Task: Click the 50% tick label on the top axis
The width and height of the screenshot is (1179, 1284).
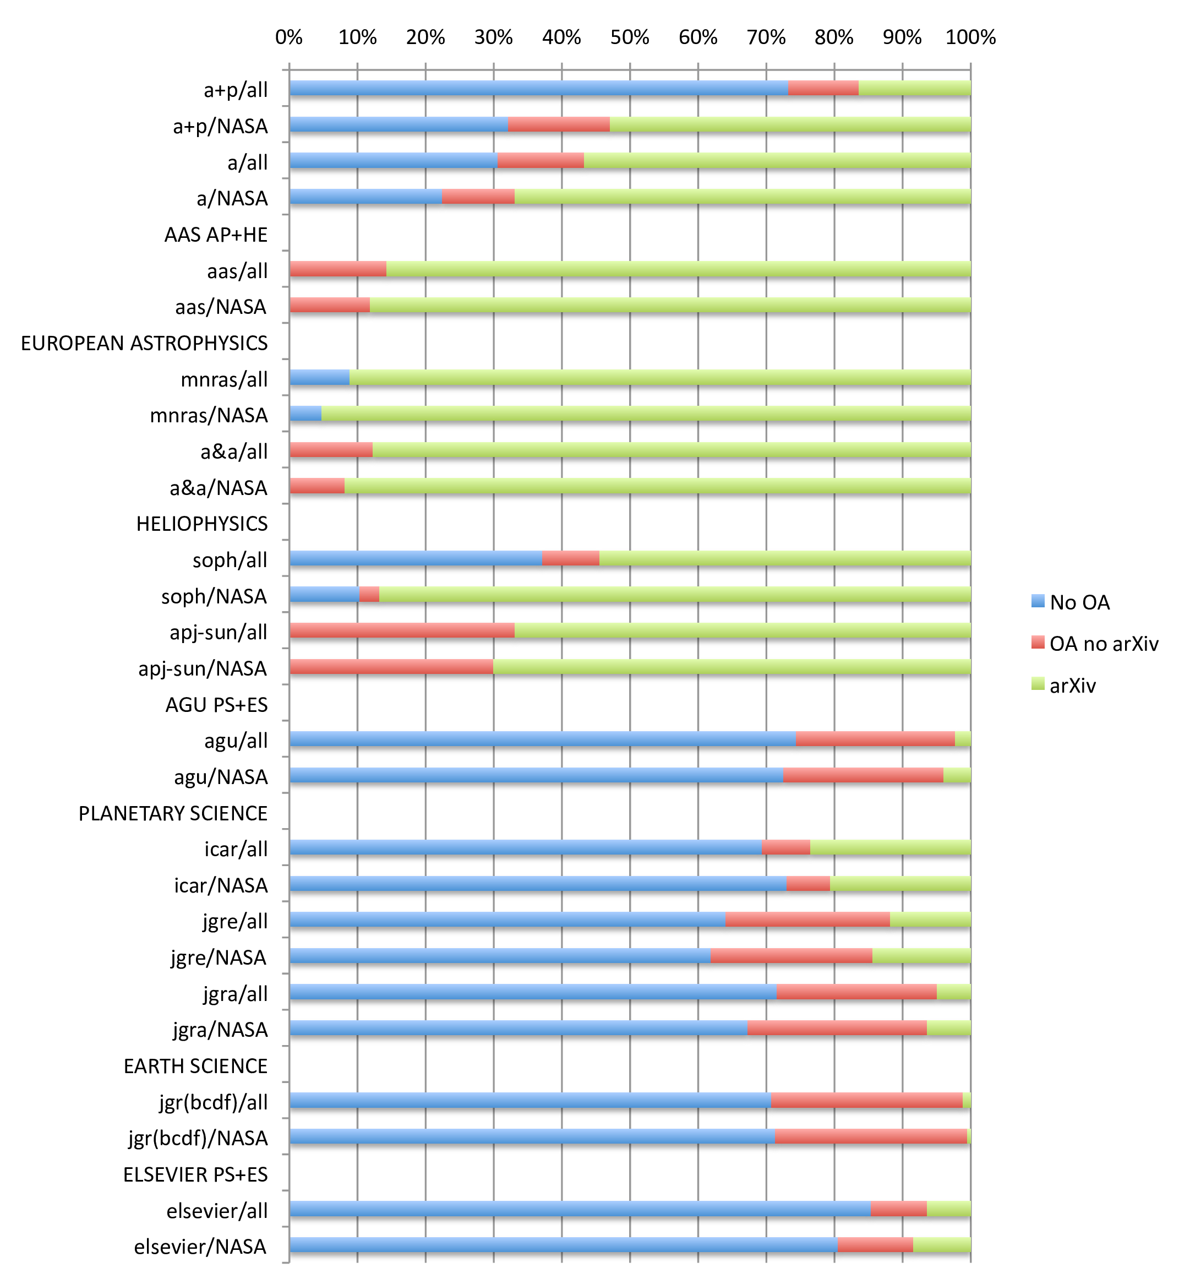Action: coord(629,37)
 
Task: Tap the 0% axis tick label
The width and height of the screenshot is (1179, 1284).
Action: coord(288,37)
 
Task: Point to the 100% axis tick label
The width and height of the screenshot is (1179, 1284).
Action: coord(970,37)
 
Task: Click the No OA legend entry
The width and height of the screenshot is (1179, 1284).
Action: coord(1079,602)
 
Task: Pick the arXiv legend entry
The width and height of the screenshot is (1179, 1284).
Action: coord(1072,685)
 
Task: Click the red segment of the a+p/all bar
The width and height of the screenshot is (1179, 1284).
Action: coord(823,88)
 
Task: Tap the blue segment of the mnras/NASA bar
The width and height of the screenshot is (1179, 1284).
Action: coord(305,414)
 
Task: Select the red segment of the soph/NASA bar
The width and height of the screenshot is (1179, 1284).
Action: coord(369,594)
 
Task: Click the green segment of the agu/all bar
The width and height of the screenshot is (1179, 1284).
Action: coord(963,739)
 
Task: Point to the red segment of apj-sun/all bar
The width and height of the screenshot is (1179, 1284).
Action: coord(402,630)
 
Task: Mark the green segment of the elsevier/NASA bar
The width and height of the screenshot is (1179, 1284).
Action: coord(942,1245)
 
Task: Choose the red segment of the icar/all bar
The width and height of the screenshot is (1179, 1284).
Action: coord(785,847)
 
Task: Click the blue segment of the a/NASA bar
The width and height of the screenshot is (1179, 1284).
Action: coord(365,197)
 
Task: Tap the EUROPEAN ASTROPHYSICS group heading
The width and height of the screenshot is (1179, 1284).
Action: coord(144,344)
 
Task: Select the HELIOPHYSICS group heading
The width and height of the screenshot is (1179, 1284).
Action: coord(201,524)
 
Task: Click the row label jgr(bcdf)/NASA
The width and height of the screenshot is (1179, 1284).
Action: coord(198,1139)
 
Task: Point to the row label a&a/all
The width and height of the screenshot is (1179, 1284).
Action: coord(233,452)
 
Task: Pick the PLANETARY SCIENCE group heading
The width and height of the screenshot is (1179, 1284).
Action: coord(173,814)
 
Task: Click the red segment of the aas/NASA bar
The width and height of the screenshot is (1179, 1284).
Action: coord(329,305)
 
